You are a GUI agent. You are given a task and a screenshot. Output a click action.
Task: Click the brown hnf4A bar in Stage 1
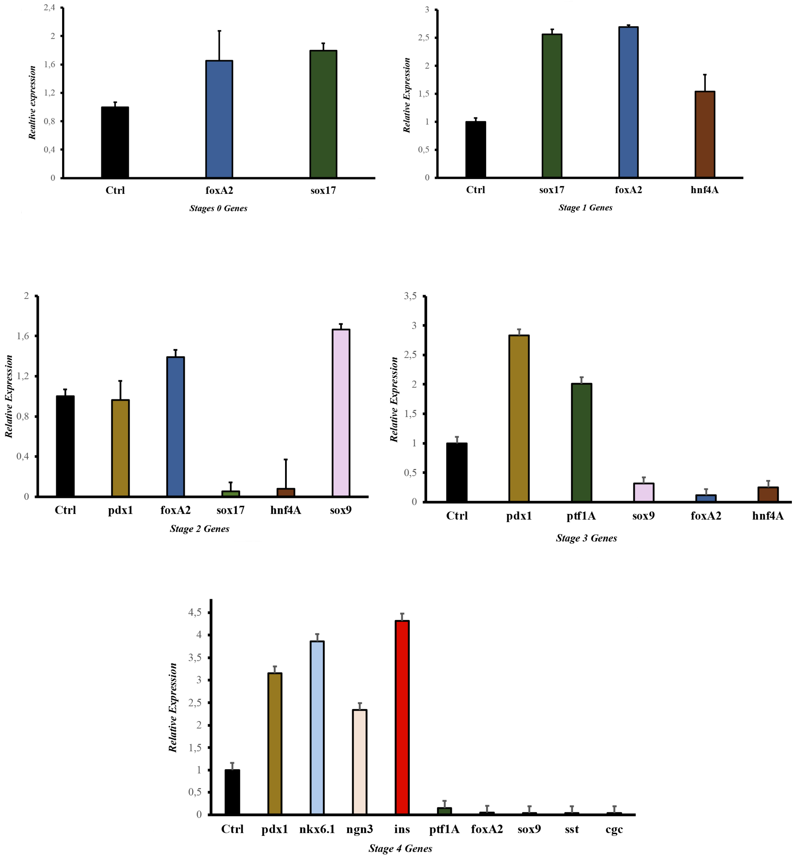(705, 134)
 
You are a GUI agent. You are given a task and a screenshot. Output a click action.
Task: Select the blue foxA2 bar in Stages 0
(219, 119)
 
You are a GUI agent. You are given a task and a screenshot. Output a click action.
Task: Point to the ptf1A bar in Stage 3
(581, 443)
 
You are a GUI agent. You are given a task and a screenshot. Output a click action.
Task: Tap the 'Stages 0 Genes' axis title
(218, 208)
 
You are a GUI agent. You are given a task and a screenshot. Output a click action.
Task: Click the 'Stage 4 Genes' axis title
(400, 849)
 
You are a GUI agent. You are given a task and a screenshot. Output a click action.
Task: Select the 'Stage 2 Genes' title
(199, 529)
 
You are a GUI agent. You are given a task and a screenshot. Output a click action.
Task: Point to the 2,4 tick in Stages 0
(50, 7)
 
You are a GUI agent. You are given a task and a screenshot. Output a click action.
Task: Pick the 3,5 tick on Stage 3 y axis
(410, 296)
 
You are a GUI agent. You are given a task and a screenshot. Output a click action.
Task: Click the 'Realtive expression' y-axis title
(32, 103)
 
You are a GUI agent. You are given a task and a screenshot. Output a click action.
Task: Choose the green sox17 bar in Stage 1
(552, 106)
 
